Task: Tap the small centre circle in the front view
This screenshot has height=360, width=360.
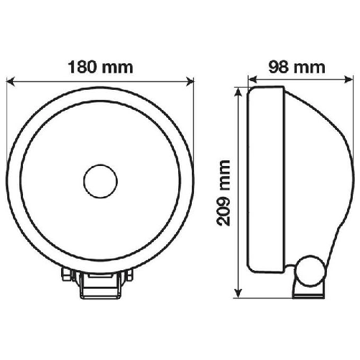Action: pyautogui.click(x=100, y=180)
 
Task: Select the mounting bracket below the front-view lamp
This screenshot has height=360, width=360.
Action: pyautogui.click(x=100, y=284)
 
